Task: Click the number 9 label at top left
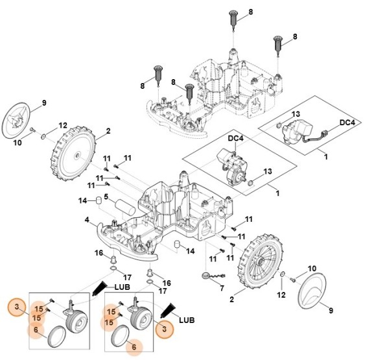click(44, 102)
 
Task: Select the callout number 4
click(87, 220)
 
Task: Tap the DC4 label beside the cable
click(346, 123)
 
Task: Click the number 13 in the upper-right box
click(296, 114)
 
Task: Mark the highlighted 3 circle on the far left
click(18, 306)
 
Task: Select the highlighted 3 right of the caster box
click(164, 330)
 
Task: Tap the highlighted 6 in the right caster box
click(134, 347)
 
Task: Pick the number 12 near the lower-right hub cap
click(281, 295)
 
